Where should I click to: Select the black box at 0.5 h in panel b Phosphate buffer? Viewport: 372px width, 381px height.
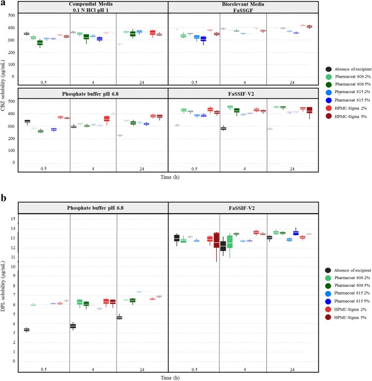click(x=26, y=330)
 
